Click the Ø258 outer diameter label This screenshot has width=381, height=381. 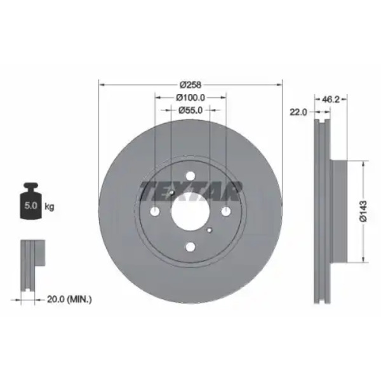click(x=190, y=85)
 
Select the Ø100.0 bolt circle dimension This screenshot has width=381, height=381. click(x=190, y=98)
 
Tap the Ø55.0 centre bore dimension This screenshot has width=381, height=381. click(x=190, y=110)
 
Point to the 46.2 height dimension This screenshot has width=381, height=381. click(x=330, y=99)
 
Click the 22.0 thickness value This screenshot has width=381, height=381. click(x=298, y=112)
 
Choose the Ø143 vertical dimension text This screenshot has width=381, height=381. click(x=363, y=211)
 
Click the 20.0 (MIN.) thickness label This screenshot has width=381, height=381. click(x=69, y=299)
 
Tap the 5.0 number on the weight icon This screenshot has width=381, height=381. click(x=30, y=206)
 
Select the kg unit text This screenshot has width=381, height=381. click(x=50, y=207)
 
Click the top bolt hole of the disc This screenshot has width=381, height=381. click(x=190, y=176)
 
